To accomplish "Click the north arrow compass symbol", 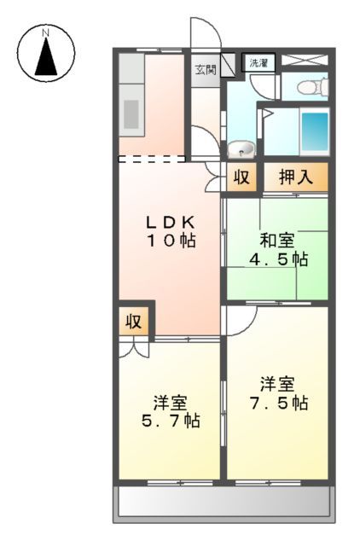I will (x=44, y=53).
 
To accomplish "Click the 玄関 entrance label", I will (x=205, y=69).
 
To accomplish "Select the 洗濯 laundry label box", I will (x=257, y=63).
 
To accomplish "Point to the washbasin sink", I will (x=241, y=148).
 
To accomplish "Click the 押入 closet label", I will (x=294, y=177).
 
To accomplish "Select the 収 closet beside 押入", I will (x=241, y=177).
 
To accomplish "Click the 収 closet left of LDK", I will (x=134, y=322).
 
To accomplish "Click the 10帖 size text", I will (x=170, y=241).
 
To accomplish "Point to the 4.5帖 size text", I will (x=277, y=258).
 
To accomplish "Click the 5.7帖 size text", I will (x=170, y=420).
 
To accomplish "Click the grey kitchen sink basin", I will (x=132, y=113).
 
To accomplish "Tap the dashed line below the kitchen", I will (x=151, y=159).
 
